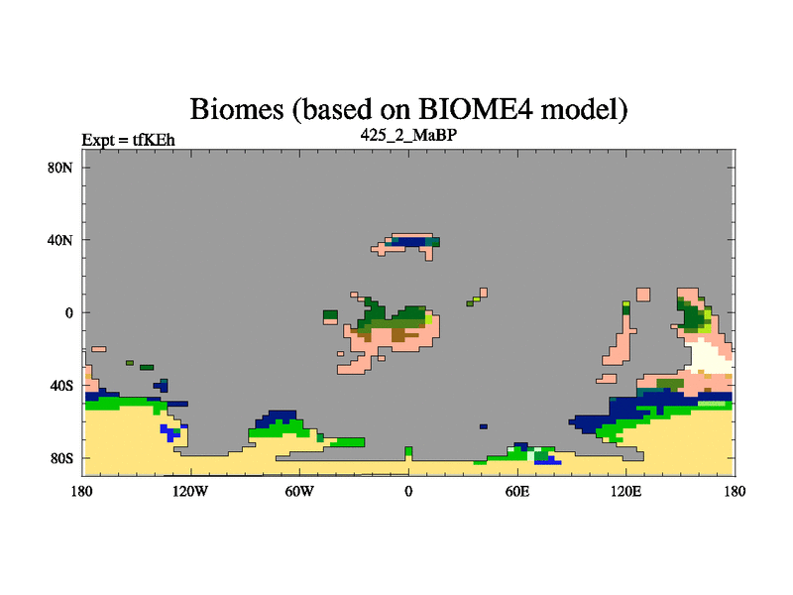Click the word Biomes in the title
coord(237,109)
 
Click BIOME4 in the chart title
coord(476,108)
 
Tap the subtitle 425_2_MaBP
coord(408,135)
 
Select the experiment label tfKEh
coord(154,140)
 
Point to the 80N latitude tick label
coord(60,168)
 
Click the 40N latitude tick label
coord(60,240)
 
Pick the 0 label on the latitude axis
coord(68,313)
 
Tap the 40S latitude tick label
coord(61,386)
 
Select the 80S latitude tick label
coord(61,458)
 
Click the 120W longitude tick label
coord(190,491)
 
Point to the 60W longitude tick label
coord(299,491)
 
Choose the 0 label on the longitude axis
coord(408,491)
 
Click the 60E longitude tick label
coord(517,491)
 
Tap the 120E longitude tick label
coord(626,491)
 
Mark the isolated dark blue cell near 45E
coord(484,426)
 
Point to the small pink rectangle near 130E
coord(643,295)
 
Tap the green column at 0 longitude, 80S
coord(408,452)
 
